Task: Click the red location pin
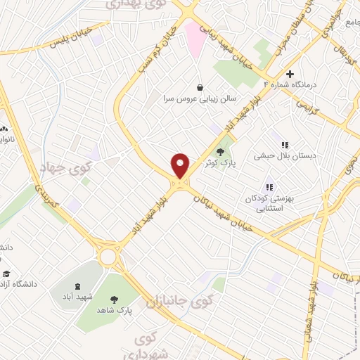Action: point(181,166)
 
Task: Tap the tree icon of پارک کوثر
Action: point(221,150)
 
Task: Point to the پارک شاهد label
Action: point(115,310)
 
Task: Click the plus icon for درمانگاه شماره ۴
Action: point(290,74)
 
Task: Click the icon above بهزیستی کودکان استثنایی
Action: point(269,187)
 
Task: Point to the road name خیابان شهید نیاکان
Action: point(224,210)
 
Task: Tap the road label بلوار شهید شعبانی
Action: point(309,314)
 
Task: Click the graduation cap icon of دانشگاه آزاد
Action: point(6,274)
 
